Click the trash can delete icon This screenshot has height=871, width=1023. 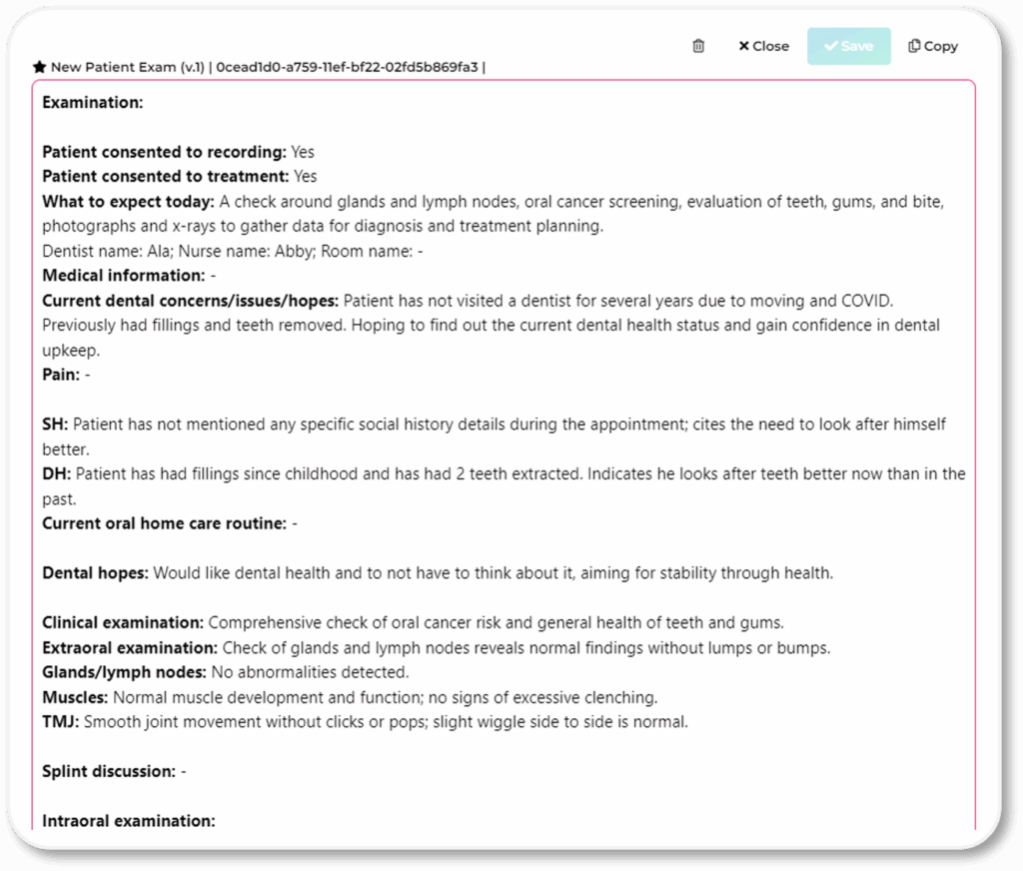point(698,46)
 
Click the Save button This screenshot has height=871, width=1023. point(848,46)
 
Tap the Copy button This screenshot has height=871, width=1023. point(933,46)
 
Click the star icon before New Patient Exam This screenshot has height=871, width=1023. point(39,67)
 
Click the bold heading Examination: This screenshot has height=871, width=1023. point(93,102)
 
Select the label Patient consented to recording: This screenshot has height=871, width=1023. point(165,152)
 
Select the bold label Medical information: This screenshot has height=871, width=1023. point(124,275)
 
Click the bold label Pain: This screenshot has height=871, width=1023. point(61,375)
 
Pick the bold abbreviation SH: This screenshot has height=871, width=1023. point(55,425)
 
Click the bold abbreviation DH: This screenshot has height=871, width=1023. point(56,473)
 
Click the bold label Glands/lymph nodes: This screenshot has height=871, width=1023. point(124,672)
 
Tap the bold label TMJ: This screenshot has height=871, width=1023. point(60,721)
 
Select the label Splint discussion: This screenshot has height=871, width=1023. point(109,771)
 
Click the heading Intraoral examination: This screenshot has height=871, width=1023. point(129,821)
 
